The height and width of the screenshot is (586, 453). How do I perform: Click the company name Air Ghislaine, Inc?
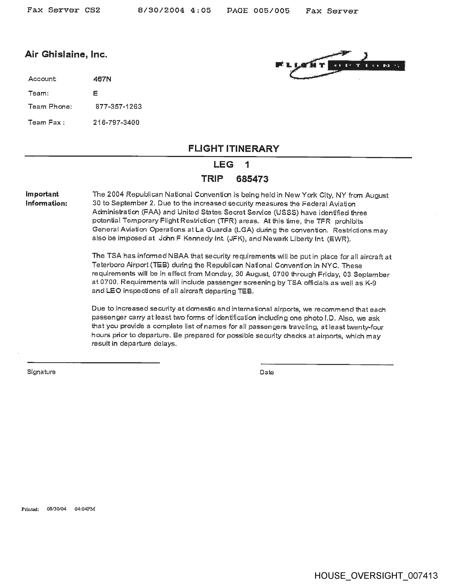pyautogui.click(x=66, y=55)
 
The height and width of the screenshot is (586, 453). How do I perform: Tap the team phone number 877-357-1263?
pyautogui.click(x=118, y=107)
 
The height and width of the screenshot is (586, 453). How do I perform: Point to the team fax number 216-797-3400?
pyautogui.click(x=116, y=123)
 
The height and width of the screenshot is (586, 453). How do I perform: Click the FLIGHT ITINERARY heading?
pyautogui.click(x=233, y=149)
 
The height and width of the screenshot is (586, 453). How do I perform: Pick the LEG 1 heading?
pyautogui.click(x=231, y=164)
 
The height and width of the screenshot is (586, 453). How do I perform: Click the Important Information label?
pyautogui.click(x=46, y=199)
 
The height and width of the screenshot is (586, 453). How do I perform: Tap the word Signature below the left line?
pyautogui.click(x=41, y=372)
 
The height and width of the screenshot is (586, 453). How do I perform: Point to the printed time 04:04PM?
pyautogui.click(x=85, y=509)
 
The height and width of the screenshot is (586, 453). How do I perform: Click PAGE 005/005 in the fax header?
pyautogui.click(x=258, y=11)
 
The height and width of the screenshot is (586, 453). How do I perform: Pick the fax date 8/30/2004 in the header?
pyautogui.click(x=161, y=10)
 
